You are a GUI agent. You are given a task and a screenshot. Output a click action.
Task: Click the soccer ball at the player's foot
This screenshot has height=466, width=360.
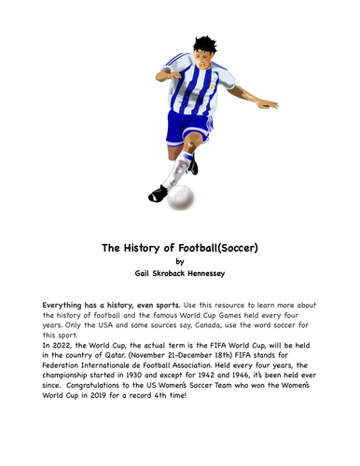[184, 197]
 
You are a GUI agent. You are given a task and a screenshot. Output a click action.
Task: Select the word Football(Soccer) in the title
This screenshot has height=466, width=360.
[223, 249]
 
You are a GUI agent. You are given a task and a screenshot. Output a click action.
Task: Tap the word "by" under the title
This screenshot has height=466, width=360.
[180, 263]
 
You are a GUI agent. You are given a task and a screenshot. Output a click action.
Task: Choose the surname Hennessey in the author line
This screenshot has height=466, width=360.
[221, 277]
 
